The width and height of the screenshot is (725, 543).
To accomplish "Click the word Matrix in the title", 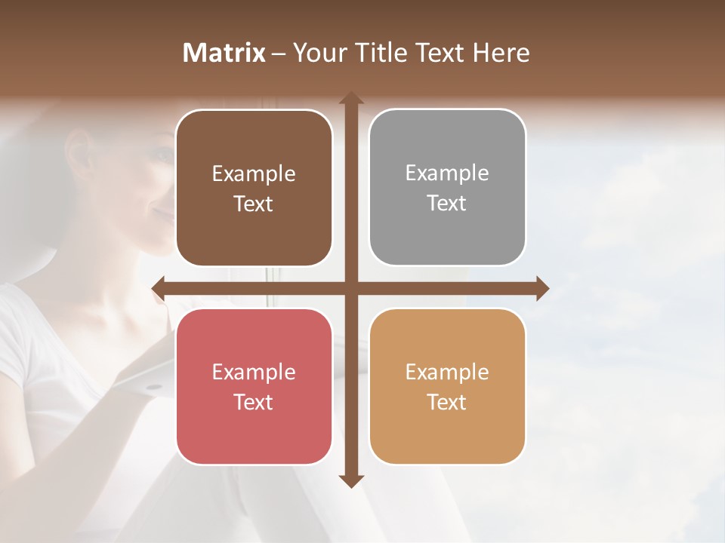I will pos(224,53).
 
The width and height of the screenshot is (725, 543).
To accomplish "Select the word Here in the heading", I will pos(501,53).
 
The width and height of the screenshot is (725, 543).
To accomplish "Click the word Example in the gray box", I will pos(447,173).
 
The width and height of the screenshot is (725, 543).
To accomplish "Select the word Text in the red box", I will pos(254,402).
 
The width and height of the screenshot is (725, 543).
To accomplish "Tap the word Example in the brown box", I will pos(254,174).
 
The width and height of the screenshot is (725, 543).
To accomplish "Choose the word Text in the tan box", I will pos(447,402).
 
